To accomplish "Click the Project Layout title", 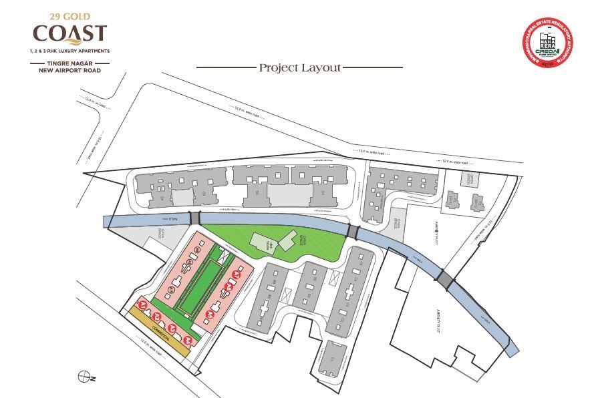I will (x=299, y=67).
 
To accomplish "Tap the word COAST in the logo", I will (x=70, y=33).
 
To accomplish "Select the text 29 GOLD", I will (x=69, y=15).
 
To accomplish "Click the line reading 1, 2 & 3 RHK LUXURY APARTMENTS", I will (x=69, y=51).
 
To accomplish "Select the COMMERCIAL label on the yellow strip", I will (x=157, y=327).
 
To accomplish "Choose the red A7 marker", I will (x=235, y=275).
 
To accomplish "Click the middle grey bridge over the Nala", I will (x=353, y=232).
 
